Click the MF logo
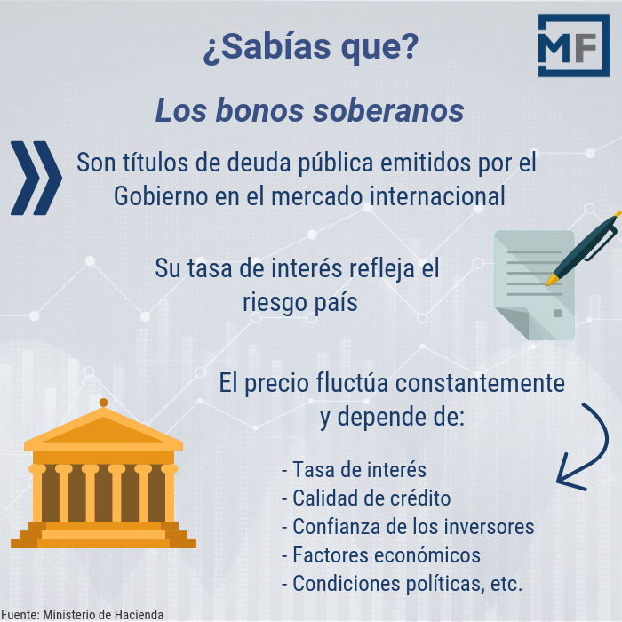point(573,45)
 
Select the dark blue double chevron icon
point(36,178)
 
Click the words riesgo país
point(300,302)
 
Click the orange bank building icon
point(103,480)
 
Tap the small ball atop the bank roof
point(103,403)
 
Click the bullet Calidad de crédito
point(365,498)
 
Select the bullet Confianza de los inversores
point(407,526)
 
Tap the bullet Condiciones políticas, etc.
point(402,584)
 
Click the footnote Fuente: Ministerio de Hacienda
point(82,614)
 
